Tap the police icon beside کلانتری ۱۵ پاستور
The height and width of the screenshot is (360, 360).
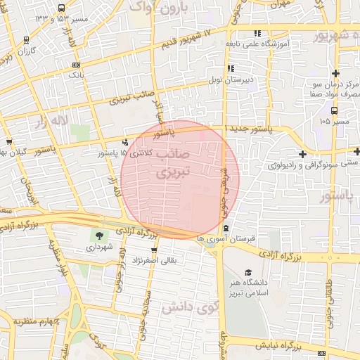click(126, 141)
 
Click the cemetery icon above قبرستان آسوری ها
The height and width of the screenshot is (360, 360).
click(225, 228)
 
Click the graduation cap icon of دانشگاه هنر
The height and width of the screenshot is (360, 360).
click(247, 272)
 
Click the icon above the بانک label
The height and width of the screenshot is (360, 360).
click(76, 64)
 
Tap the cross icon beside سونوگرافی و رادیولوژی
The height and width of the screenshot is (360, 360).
click(302, 154)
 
